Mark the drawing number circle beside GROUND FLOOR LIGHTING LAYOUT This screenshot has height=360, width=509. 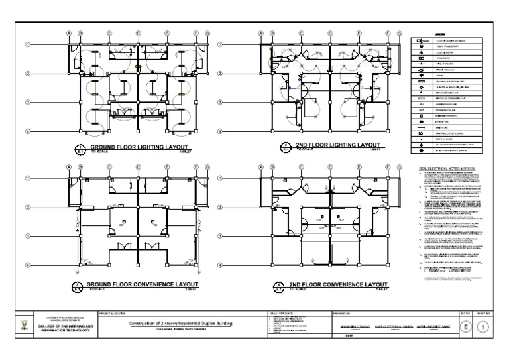80,149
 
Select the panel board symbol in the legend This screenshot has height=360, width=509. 420,58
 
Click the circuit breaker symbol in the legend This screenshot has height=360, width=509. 420,65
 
